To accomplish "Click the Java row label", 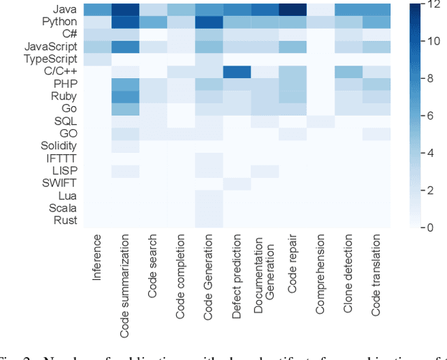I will point(65,10).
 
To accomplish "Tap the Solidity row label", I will point(58,146).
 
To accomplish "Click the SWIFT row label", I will point(59,183).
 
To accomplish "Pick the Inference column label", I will point(96,258).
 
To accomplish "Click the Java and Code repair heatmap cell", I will point(293,10).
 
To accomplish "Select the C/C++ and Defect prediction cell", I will point(237,72).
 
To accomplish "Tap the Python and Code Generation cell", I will point(209,22).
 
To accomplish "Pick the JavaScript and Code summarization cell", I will point(125,47).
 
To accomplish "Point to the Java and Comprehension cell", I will point(321,10).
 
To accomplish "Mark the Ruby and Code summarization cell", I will point(125,96).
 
